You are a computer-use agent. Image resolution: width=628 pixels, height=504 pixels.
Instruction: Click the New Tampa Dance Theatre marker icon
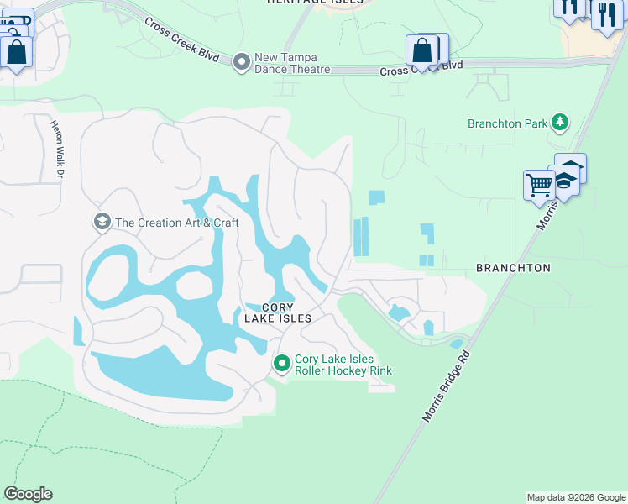[242, 61]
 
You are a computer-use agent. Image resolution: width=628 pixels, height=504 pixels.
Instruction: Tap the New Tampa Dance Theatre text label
[293, 63]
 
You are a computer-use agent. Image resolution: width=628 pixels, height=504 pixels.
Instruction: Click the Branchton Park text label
[507, 123]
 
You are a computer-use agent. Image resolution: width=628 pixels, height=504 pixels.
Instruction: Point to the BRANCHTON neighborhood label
[513, 268]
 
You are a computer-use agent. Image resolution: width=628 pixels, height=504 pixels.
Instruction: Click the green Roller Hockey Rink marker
[282, 363]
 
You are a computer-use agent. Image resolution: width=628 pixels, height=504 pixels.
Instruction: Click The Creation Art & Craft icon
[102, 222]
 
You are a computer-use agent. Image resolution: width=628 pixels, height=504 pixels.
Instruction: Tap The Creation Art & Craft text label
[177, 223]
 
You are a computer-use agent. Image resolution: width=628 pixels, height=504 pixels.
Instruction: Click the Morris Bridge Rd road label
[445, 386]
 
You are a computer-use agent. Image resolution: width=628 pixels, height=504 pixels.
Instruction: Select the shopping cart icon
[539, 183]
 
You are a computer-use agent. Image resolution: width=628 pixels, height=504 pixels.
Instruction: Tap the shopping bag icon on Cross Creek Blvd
[421, 50]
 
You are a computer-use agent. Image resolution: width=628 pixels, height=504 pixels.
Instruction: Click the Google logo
[28, 494]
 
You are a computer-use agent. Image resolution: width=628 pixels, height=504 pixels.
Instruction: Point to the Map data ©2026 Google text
[576, 497]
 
